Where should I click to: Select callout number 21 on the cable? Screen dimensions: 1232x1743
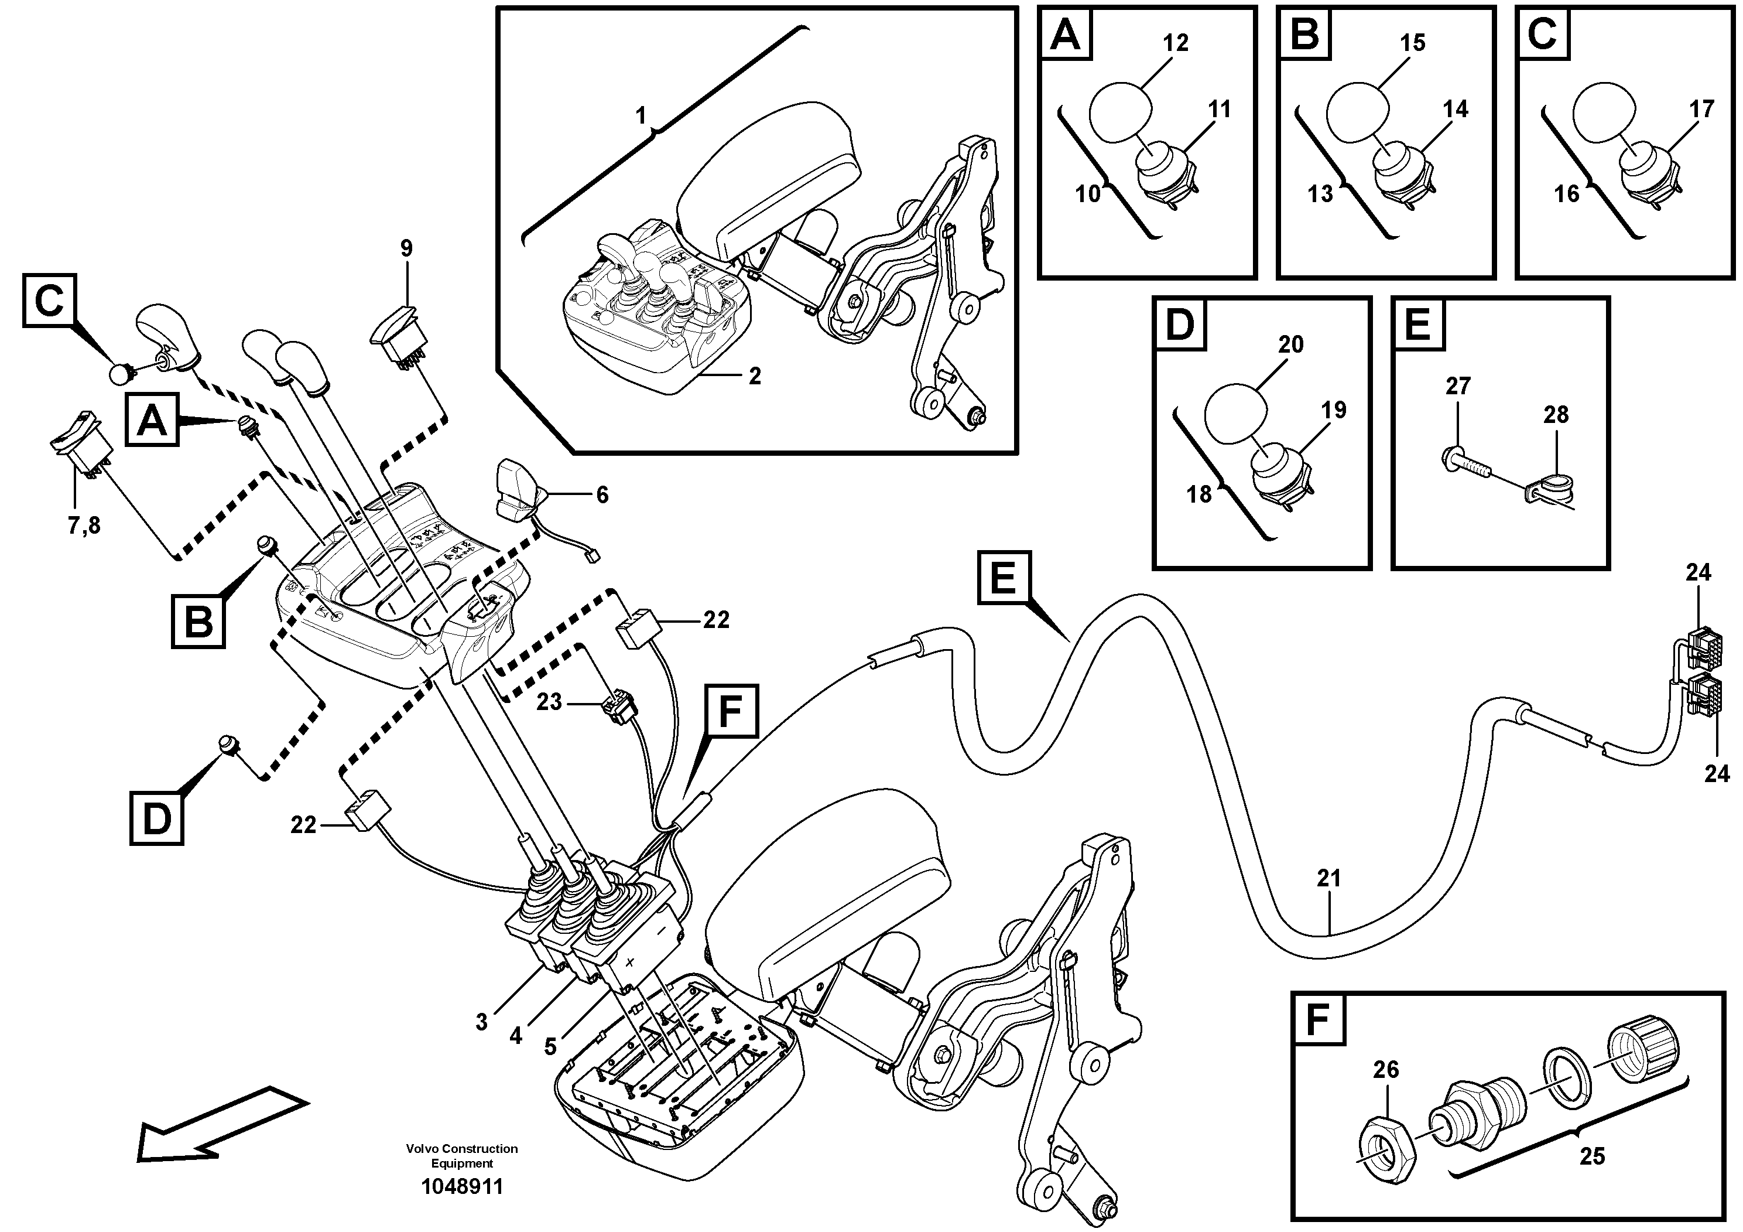point(1328,878)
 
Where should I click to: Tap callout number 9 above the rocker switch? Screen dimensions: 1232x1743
point(406,248)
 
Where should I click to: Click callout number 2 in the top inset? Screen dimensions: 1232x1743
point(754,376)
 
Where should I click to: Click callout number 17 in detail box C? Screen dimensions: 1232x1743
point(1701,110)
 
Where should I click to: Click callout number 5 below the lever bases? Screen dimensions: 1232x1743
point(550,1047)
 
